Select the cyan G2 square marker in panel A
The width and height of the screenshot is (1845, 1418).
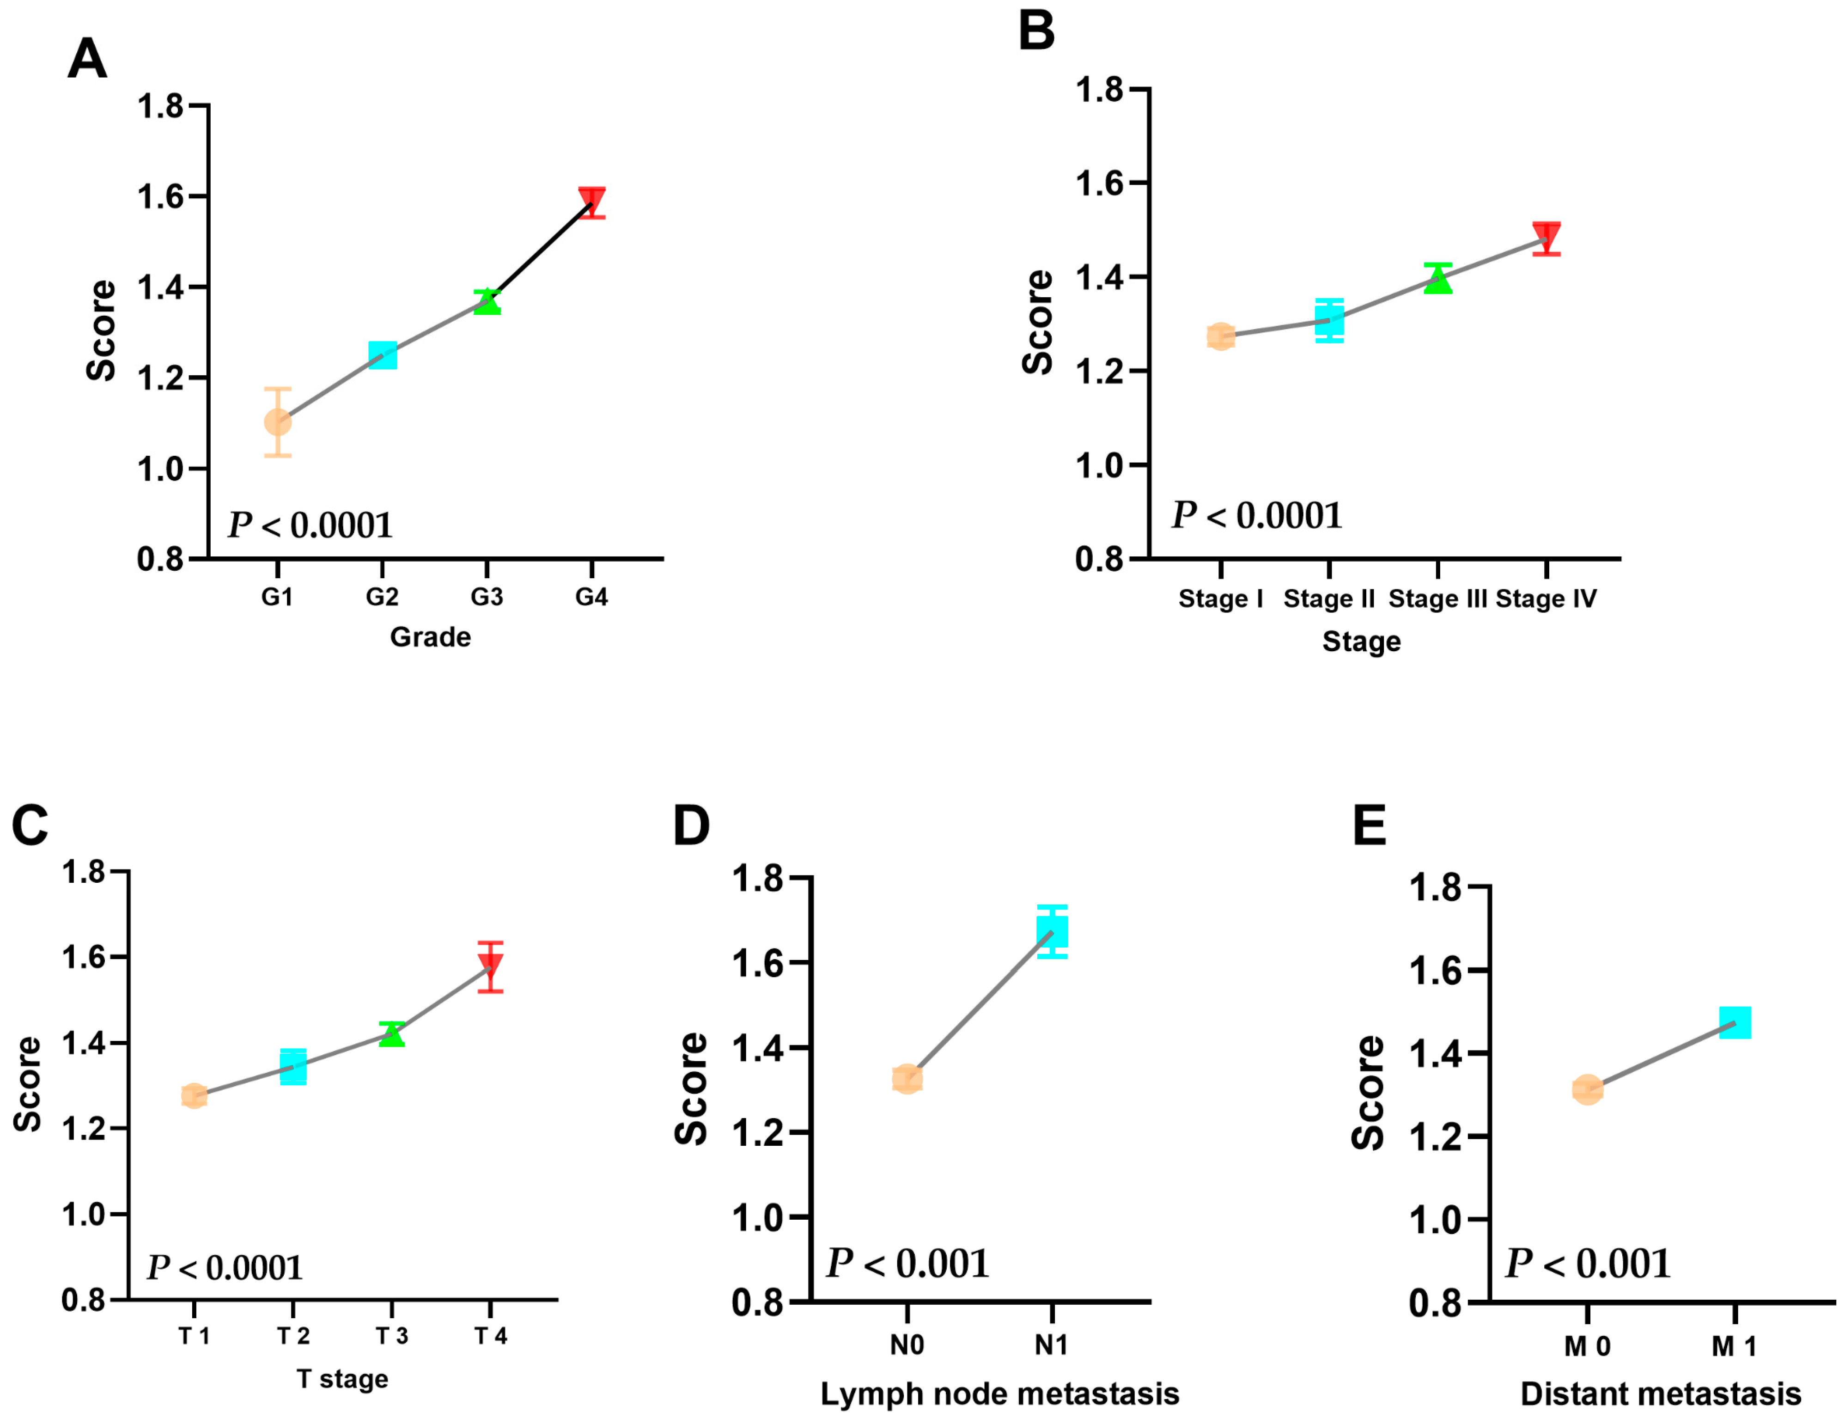(x=382, y=355)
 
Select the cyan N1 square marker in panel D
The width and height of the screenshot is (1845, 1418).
(x=1051, y=932)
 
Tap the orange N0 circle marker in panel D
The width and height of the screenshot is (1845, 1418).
(x=907, y=1079)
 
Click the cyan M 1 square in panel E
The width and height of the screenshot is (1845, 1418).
(x=1735, y=1022)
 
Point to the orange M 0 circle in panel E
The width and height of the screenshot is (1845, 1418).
(x=1587, y=1090)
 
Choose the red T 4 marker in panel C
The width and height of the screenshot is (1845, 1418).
(x=490, y=964)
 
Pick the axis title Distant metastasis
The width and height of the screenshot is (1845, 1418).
(x=1660, y=1394)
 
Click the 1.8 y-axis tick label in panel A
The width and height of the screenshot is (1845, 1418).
(x=160, y=106)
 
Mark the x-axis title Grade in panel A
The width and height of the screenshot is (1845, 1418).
(x=430, y=636)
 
